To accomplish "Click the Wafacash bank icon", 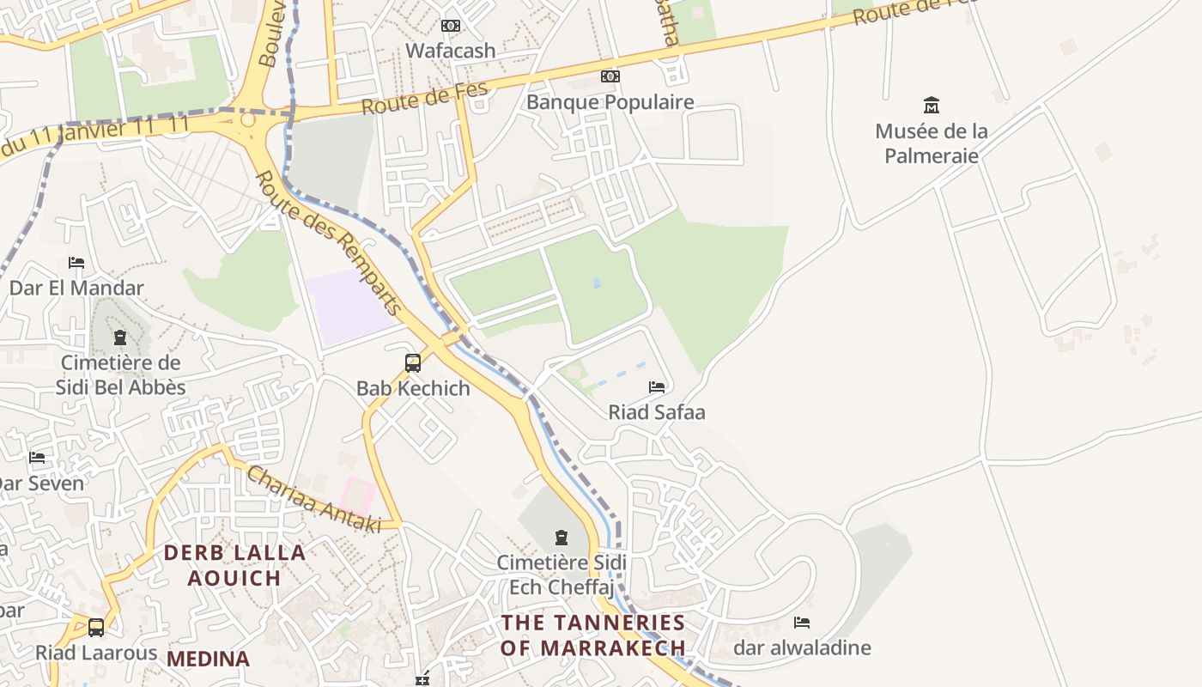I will [451, 26].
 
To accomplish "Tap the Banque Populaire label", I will [610, 102].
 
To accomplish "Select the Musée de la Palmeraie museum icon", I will [931, 106].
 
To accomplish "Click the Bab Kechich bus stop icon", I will [413, 363].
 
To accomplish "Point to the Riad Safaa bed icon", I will [657, 387].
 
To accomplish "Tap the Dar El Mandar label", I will [76, 288].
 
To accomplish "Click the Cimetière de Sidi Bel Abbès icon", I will [120, 337].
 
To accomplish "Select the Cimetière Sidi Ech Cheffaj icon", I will [562, 538].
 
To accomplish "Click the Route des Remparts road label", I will [329, 244].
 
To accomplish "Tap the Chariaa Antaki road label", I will [313, 500].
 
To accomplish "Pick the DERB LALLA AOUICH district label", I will [234, 565].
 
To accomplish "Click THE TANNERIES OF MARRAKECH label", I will [593, 635].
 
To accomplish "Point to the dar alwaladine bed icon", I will [802, 623].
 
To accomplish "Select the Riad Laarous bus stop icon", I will [96, 628].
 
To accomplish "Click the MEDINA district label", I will [208, 659].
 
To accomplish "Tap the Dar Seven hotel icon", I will [37, 458].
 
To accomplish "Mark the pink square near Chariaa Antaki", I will [358, 496].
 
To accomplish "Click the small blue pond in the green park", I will [597, 282].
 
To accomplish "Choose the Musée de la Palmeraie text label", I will [931, 143].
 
